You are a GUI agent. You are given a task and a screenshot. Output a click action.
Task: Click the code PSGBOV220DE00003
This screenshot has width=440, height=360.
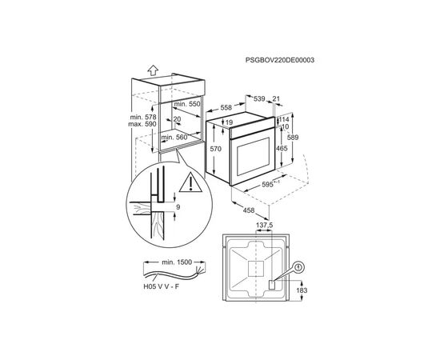280,60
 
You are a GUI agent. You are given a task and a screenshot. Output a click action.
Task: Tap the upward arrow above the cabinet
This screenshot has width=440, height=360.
154,70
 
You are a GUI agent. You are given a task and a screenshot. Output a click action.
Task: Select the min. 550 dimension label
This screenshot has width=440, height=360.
187,104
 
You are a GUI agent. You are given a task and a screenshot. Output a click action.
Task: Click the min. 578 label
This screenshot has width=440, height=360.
143,117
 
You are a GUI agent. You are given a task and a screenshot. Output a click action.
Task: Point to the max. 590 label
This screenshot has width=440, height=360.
142,124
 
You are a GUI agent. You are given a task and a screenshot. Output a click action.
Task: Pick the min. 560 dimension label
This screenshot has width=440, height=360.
174,138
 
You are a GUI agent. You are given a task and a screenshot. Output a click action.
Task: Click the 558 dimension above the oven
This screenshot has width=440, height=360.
226,107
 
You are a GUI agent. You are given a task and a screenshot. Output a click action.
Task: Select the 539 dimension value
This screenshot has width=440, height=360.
259,98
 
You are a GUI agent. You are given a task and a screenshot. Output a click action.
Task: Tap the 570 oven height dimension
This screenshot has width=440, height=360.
216,149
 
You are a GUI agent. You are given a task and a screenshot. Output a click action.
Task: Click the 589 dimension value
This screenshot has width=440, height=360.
293,138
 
